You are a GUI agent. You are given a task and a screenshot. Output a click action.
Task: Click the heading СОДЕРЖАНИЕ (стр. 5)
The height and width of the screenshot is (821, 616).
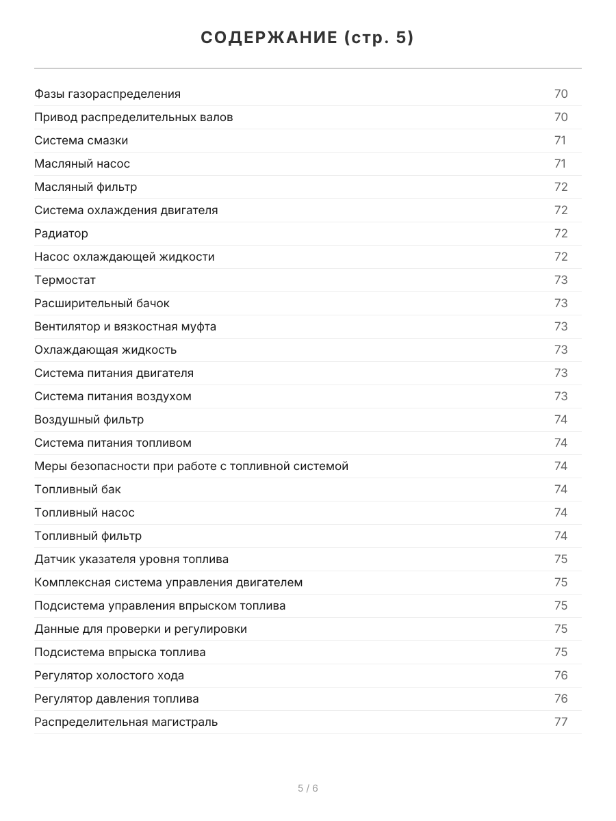307,38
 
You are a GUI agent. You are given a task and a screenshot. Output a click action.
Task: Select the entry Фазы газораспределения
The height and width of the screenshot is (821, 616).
107,94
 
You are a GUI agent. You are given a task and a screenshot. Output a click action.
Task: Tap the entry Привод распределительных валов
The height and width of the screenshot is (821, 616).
133,117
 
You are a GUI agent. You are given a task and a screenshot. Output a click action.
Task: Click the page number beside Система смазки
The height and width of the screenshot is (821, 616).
560,140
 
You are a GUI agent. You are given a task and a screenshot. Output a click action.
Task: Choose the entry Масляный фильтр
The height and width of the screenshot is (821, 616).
86,187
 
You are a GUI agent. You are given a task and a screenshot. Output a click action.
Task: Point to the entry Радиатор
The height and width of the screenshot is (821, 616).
61,233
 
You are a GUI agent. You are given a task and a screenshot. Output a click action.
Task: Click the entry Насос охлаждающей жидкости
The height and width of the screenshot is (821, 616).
124,257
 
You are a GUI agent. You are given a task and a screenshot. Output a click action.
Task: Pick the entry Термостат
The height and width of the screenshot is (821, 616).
65,280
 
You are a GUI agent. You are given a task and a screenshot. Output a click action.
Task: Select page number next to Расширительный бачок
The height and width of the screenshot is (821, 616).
561,303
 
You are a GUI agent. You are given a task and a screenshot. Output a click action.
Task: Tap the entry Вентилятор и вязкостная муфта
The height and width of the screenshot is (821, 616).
125,326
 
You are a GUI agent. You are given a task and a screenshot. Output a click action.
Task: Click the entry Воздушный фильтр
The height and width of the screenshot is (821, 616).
89,419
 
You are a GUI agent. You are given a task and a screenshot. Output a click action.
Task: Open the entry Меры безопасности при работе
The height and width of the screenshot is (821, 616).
191,466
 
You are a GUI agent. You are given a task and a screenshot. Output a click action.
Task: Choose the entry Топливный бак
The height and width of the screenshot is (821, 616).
77,489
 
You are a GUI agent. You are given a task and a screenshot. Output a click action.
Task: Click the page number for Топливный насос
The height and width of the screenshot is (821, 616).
561,512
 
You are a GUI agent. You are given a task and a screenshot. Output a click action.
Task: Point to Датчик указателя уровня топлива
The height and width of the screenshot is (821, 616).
131,559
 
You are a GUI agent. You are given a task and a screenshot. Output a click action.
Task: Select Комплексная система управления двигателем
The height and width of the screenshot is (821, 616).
168,582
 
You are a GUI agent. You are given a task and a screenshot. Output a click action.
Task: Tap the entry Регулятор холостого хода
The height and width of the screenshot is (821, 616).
109,675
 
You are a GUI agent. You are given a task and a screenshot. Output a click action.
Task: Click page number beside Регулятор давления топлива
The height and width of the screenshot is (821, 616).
561,699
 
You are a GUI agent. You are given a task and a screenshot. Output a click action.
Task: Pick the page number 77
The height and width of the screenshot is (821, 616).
561,722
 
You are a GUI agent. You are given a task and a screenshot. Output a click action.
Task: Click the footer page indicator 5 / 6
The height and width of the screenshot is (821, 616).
307,788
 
